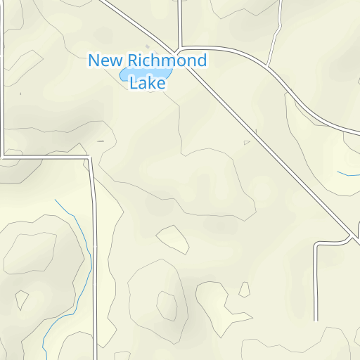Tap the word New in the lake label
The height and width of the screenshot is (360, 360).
[x=104, y=60]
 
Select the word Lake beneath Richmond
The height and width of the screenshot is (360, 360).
[x=148, y=83]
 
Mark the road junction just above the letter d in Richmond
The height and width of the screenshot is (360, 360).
[x=181, y=49]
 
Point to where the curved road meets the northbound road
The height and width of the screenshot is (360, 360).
[x=269, y=67]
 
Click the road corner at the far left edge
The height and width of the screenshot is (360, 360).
[x=4, y=154]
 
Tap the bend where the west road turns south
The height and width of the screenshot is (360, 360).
[x=91, y=159]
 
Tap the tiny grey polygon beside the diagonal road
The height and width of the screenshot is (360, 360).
[x=247, y=143]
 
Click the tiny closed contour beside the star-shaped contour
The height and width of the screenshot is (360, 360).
[x=245, y=289]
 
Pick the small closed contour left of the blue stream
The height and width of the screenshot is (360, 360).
[x=22, y=300]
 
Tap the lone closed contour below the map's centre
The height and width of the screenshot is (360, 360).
[x=173, y=239]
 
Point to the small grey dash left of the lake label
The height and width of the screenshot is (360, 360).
[x=100, y=141]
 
